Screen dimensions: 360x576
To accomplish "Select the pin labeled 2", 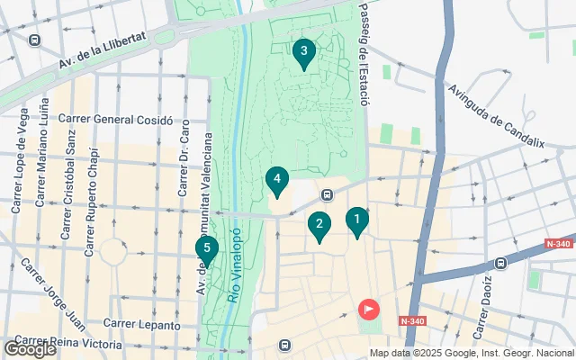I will (x=318, y=225).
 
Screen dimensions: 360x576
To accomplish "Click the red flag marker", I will (x=369, y=309).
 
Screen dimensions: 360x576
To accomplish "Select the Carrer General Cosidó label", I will (x=109, y=119).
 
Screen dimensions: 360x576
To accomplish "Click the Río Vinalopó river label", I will (x=236, y=270).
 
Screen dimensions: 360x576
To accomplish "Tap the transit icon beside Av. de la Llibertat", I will (x=35, y=40).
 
